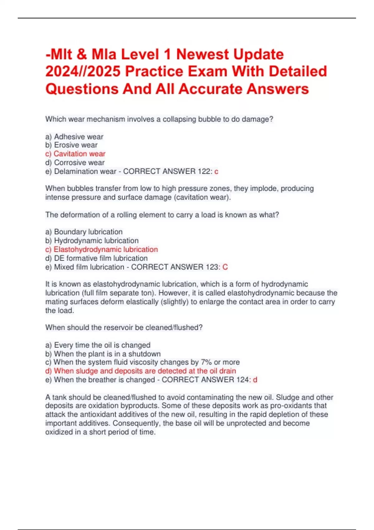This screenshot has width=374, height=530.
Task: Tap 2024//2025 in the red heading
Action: click(83, 71)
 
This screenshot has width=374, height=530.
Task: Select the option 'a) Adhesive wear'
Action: click(74, 137)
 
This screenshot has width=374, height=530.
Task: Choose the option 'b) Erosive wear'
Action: click(71, 145)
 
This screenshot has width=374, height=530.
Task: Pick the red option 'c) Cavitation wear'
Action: click(75, 154)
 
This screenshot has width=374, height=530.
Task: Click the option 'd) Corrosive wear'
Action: click(75, 162)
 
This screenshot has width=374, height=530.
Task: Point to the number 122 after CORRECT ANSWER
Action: click(204, 171)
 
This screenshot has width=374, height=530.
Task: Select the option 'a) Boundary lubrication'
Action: click(84, 232)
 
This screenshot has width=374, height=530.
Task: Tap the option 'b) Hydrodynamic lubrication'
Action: click(92, 240)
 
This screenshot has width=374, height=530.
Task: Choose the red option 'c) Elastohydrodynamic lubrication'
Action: click(102, 249)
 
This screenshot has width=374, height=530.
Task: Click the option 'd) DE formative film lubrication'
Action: click(96, 258)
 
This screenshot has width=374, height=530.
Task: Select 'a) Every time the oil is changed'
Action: click(98, 345)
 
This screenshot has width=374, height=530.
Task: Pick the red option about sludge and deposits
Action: click(141, 371)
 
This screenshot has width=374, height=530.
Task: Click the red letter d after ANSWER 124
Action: click(255, 379)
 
